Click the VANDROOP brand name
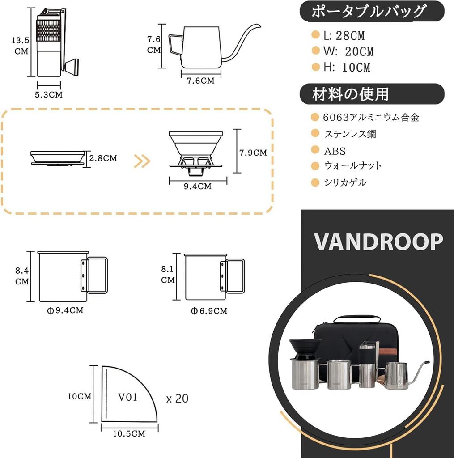(378, 242)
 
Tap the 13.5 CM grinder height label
(21, 46)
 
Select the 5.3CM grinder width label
(49, 95)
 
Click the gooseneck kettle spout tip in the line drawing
(259, 25)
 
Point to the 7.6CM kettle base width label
(201, 81)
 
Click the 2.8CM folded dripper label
(103, 158)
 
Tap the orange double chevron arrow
(142, 161)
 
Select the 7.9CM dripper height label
(253, 153)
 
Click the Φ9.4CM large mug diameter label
(65, 310)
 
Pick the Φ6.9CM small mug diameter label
(209, 311)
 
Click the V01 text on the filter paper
(127, 397)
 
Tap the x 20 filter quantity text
(177, 399)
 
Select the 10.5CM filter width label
(129, 434)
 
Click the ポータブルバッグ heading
(369, 12)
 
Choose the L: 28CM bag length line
(344, 36)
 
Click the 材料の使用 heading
(350, 94)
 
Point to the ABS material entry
(335, 151)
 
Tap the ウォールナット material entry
(353, 165)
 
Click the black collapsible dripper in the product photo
(305, 349)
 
